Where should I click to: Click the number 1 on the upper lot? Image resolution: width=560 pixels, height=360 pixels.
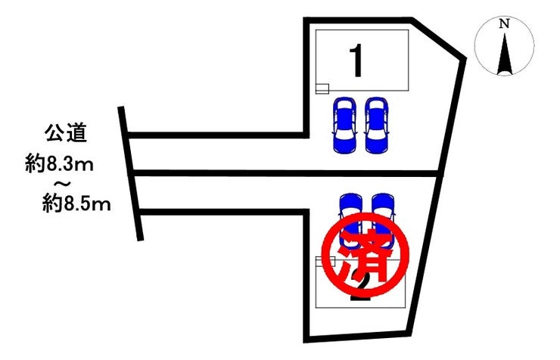point(357,61)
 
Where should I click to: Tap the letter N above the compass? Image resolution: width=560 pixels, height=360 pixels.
point(504,23)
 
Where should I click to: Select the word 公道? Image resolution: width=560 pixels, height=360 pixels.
point(64,136)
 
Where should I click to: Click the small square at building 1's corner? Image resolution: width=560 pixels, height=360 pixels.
point(322,88)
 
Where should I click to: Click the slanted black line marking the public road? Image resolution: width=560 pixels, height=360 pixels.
point(130,174)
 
